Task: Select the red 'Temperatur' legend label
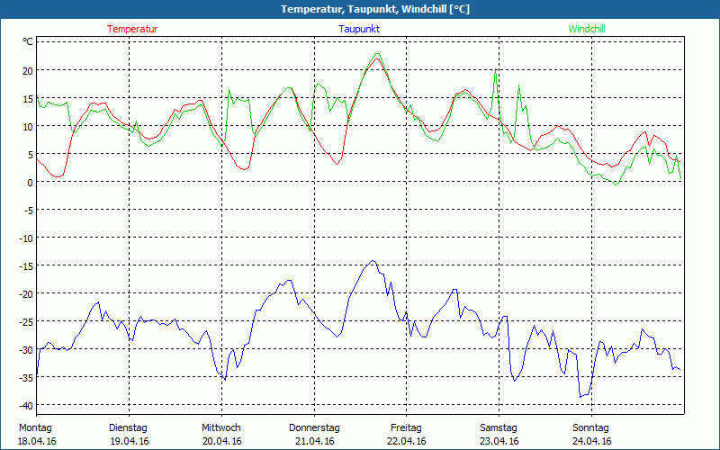132,29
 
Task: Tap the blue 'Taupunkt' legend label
359,29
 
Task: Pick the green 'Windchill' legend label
587,29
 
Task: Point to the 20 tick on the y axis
27,70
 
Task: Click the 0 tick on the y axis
30,182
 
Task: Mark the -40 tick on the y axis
25,405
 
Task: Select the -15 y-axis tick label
25,265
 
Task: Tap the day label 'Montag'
35,427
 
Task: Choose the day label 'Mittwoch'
221,427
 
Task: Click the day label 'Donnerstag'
314,427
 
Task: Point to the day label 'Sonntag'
591,427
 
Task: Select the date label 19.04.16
128,441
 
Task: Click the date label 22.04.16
407,441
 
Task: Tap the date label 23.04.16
499,441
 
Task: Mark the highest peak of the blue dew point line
373,261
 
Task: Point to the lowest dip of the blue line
581,397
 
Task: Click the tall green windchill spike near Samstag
495,68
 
